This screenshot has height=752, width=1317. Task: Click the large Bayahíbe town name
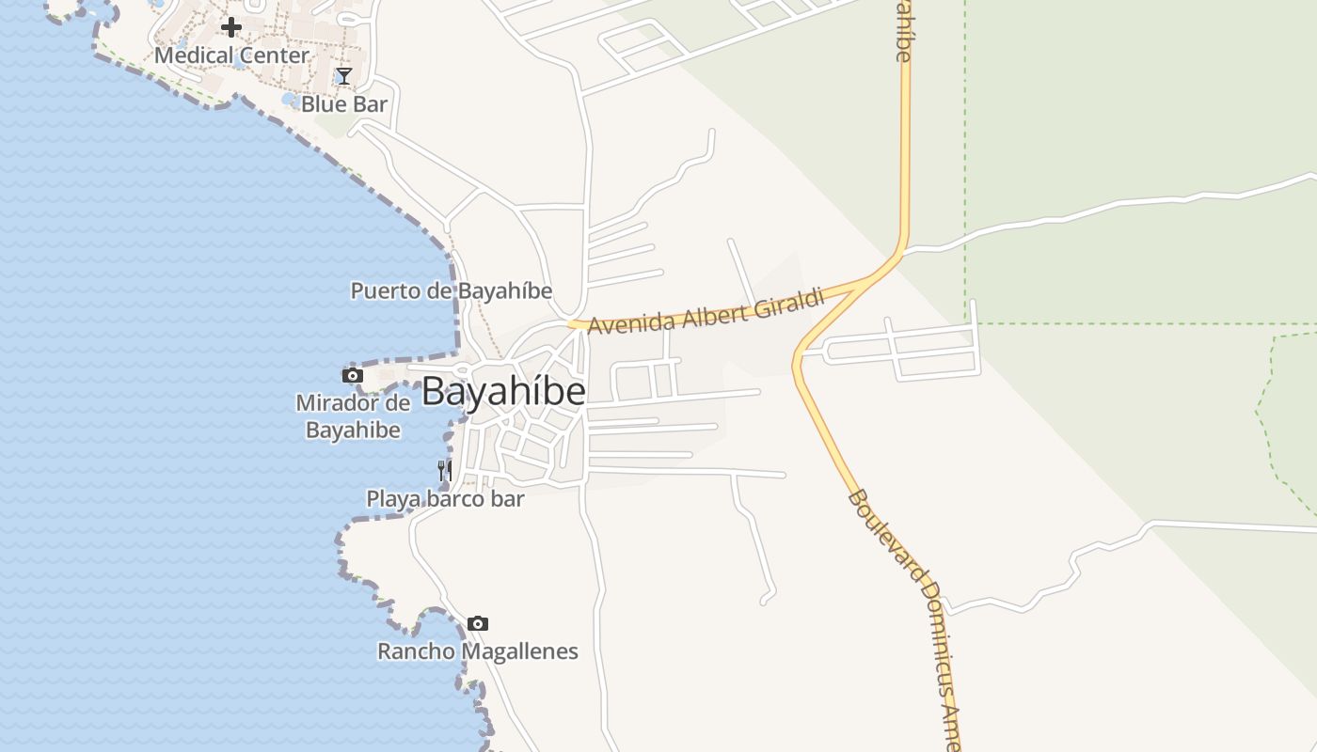coord(503,392)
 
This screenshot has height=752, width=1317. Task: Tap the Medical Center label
coord(231,55)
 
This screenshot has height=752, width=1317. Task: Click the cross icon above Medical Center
coord(230,27)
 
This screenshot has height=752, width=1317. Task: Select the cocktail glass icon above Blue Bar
coord(344,76)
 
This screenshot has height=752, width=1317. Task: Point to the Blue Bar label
coord(344,104)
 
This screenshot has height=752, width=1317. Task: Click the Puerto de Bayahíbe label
coord(452,290)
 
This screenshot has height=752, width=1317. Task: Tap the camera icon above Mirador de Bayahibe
coord(353,376)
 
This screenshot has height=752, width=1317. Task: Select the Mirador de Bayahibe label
coord(354,416)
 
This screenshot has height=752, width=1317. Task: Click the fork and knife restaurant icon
coord(445,470)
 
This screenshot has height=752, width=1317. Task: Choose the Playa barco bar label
coord(445,498)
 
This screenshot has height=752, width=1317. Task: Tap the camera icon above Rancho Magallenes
coord(478,623)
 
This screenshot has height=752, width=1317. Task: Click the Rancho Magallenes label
coord(478,651)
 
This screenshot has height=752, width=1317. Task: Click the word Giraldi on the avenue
coord(790,303)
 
